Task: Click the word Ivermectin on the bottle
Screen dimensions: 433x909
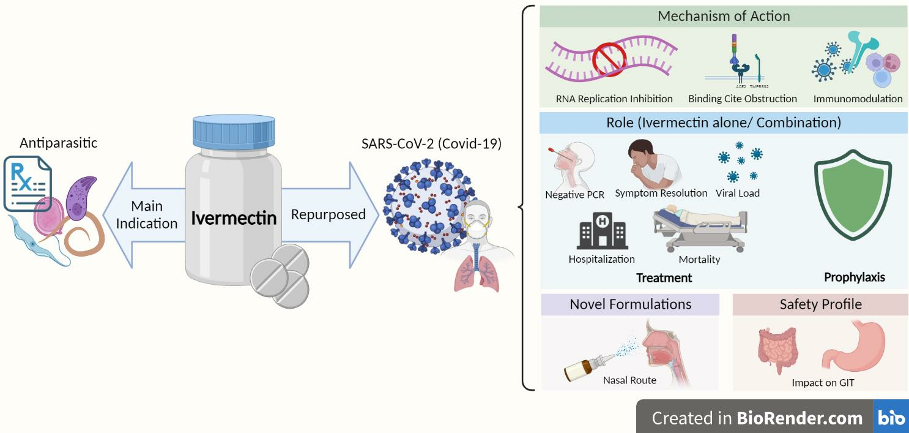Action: pos(234,217)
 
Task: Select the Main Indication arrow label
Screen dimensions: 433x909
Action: pos(147,215)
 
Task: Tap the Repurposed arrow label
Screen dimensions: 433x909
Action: pos(328,214)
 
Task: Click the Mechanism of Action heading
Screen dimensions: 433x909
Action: pos(724,17)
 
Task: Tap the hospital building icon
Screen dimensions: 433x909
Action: pos(602,231)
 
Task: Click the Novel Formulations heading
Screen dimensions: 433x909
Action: pos(630,304)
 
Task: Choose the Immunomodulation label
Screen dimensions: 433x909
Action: pos(858,99)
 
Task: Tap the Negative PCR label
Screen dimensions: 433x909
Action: pos(574,195)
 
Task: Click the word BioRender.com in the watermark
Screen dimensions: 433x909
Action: pos(800,418)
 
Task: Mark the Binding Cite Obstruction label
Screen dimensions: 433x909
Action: pos(742,99)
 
